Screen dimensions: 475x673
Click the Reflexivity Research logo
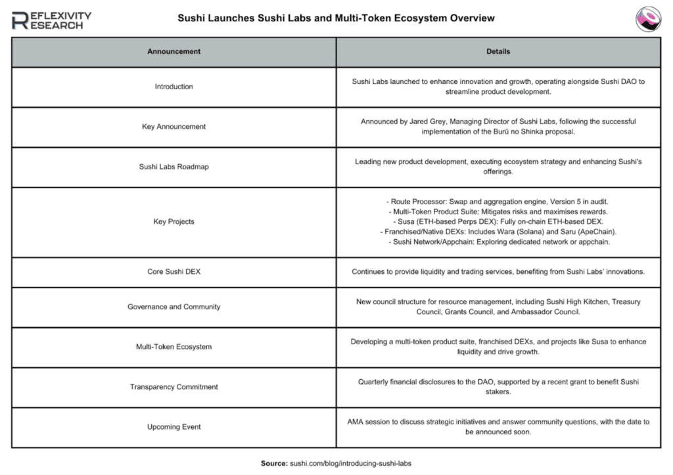[52, 20]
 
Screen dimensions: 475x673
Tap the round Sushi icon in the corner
[648, 18]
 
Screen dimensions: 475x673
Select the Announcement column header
[174, 51]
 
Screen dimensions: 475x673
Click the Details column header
[499, 51]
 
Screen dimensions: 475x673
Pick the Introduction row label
[174, 87]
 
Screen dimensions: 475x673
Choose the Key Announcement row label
[174, 127]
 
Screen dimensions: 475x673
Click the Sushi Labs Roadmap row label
[174, 167]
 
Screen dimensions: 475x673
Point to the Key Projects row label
[174, 222]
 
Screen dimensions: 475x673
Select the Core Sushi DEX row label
[174, 271]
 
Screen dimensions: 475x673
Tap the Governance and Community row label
[174, 307]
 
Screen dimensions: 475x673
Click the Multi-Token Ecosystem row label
[174, 347]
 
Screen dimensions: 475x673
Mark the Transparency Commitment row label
[174, 387]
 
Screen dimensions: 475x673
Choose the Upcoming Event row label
[174, 427]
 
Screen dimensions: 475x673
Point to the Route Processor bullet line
[498, 201]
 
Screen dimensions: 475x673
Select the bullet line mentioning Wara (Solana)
[498, 232]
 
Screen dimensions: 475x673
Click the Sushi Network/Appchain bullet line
[498, 242]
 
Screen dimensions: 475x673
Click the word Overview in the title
[471, 18]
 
